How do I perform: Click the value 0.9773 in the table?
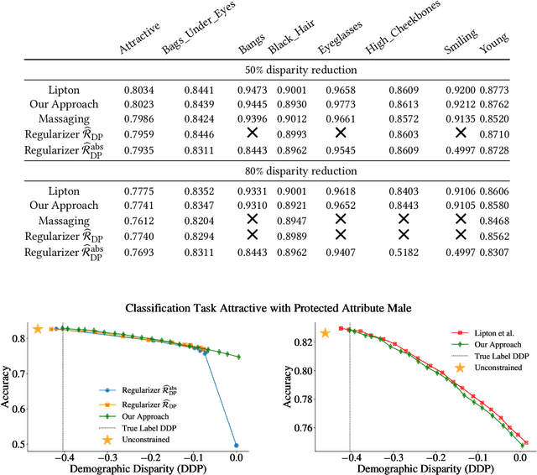(x=340, y=104)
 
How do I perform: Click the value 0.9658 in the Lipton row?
(x=340, y=87)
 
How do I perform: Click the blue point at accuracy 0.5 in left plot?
(x=237, y=445)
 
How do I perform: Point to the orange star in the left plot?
(x=38, y=329)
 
